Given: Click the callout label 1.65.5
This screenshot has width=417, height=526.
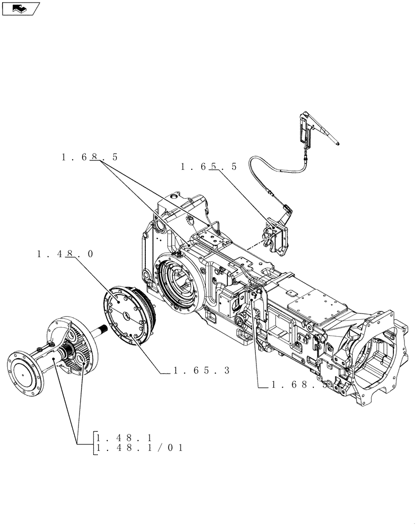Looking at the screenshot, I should click(x=208, y=167).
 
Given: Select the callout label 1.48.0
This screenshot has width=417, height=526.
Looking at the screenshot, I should click(x=65, y=254).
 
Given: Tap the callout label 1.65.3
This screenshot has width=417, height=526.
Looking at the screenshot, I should click(x=202, y=370).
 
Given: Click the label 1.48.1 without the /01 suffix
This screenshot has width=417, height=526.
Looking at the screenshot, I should click(x=124, y=437).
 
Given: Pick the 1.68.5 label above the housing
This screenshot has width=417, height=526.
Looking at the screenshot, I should click(x=90, y=157).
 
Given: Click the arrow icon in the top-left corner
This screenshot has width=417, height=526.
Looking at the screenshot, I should click(x=20, y=8).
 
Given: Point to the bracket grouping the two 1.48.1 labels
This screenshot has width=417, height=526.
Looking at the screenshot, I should click(x=94, y=442).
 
